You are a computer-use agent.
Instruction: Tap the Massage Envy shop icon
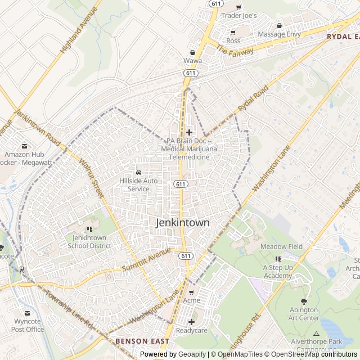pos(279,25)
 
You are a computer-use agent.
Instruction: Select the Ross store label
pos(233,41)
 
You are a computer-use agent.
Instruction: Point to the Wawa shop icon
pos(192,52)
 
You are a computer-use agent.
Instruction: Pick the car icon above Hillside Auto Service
pos(138,172)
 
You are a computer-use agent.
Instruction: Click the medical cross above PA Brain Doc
pos(189,132)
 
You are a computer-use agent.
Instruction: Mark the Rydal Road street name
pos(254,98)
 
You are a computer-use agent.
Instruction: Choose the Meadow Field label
pos(281,246)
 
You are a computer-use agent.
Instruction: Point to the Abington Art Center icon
pos(304,301)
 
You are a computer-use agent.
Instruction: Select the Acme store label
pos(191,301)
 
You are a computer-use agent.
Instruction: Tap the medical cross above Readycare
pos(191,322)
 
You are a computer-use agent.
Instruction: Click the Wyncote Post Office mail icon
pos(27,313)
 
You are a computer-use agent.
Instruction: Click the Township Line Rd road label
pos(68,309)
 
